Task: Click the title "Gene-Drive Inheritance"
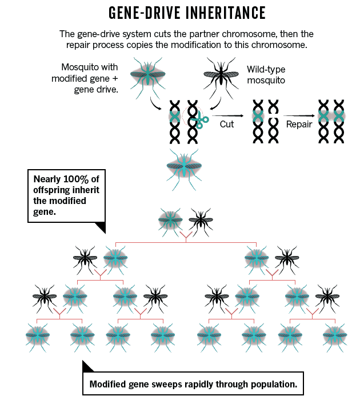(x=179, y=13)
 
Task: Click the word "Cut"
(x=227, y=123)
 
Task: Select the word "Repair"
(x=299, y=123)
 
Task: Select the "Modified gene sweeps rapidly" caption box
(x=193, y=384)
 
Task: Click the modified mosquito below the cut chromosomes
(x=184, y=166)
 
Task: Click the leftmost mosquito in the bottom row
(x=38, y=334)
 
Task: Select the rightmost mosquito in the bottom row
(x=334, y=334)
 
